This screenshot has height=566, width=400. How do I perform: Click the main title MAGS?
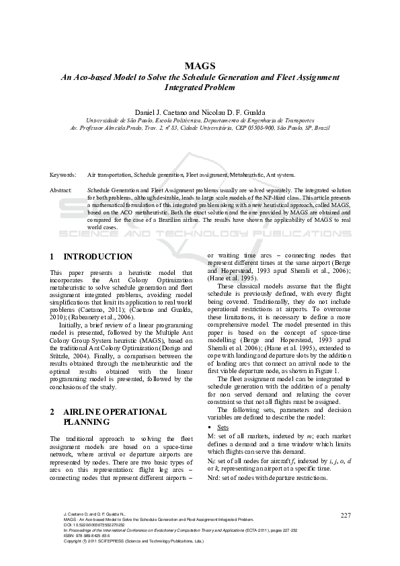(200, 65)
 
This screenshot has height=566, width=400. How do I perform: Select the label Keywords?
(63, 174)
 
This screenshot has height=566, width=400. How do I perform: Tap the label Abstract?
(62, 191)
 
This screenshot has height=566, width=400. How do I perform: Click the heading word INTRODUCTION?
(98, 257)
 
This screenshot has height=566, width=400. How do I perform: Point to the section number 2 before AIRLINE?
(53, 411)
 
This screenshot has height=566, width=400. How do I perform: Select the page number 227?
(346, 516)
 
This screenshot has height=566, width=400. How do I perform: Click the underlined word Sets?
(223, 427)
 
